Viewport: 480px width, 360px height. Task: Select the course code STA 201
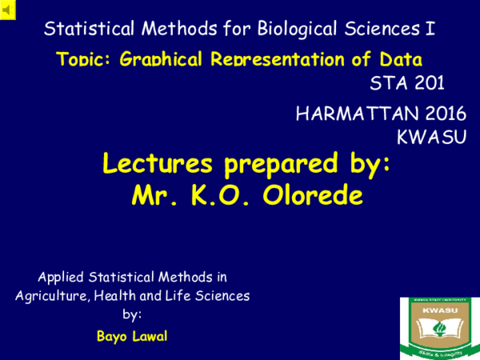click(407, 82)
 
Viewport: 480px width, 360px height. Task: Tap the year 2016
click(442, 114)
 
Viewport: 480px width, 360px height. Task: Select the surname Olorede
click(314, 194)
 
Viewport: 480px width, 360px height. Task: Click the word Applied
click(64, 278)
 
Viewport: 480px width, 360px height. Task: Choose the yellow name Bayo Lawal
click(132, 334)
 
